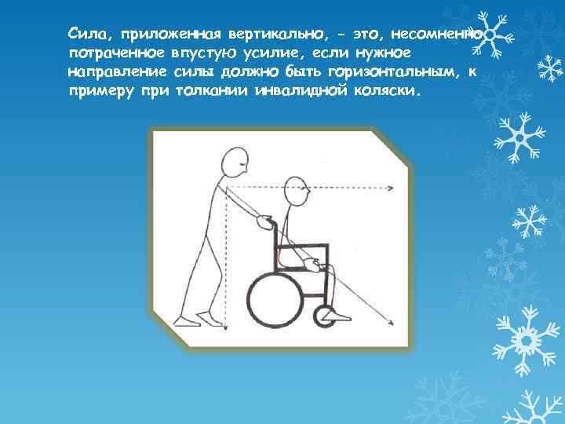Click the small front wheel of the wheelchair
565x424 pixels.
click(x=322, y=316)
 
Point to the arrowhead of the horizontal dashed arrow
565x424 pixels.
click(x=390, y=188)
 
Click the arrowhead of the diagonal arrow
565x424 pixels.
click(x=390, y=325)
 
